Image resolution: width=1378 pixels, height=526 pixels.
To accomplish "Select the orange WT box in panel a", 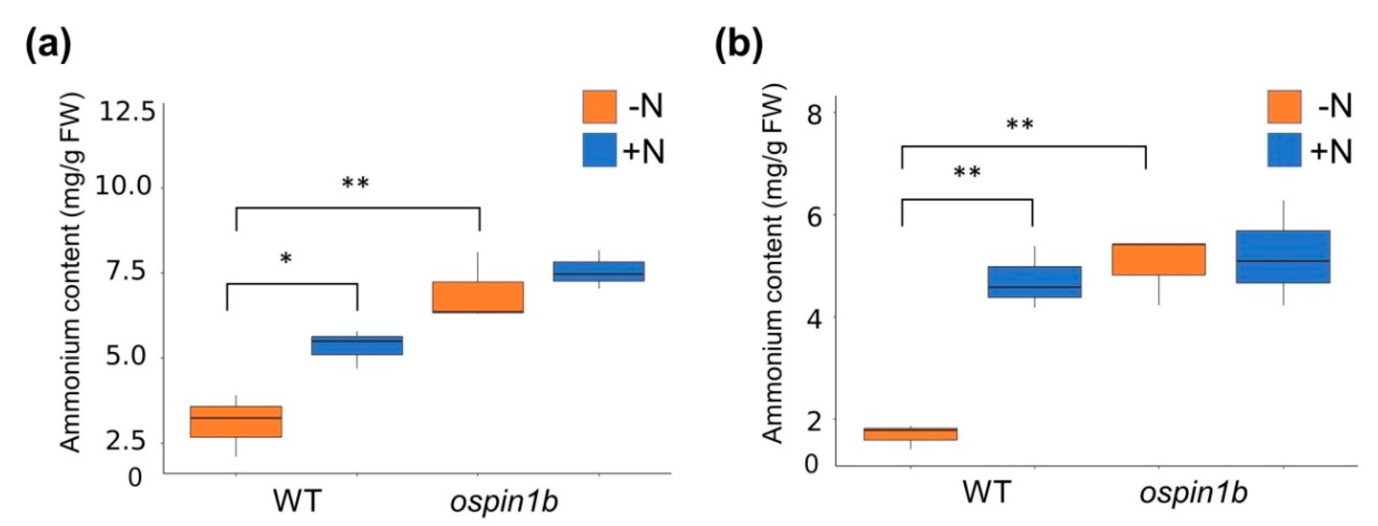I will click(236, 422).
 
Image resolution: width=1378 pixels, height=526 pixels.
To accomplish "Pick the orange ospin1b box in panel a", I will click(478, 297).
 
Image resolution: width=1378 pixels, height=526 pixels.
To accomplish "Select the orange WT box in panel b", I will click(910, 434).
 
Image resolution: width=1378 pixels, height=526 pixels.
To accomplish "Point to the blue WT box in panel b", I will click(1035, 282).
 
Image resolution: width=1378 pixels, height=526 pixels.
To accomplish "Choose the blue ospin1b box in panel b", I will click(1283, 257).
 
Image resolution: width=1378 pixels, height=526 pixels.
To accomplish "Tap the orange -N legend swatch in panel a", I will click(599, 107).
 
